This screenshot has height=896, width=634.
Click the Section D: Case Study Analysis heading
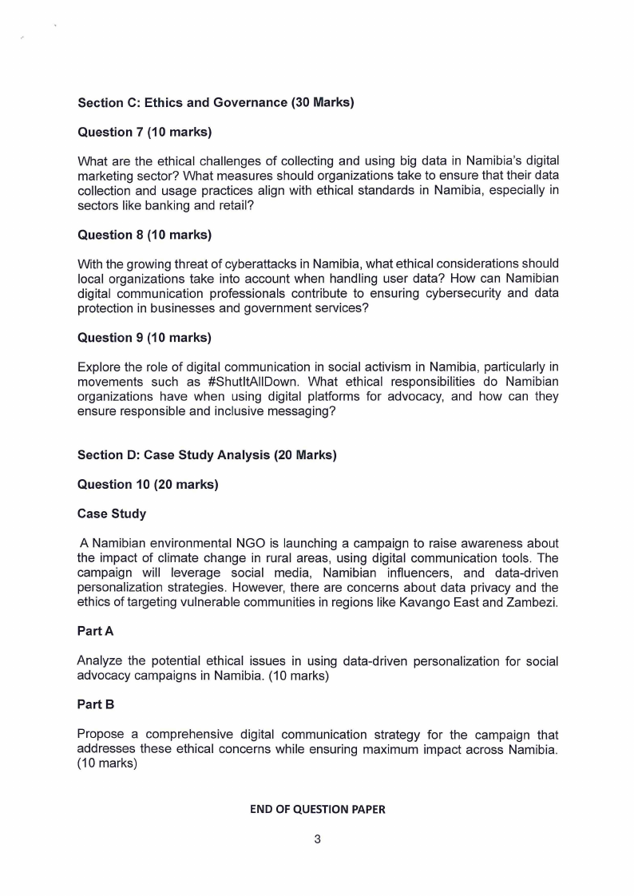[x=207, y=455]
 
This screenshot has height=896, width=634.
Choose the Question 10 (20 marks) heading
[x=148, y=485]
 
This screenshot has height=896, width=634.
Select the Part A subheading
[x=95, y=632]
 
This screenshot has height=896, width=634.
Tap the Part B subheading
[x=95, y=705]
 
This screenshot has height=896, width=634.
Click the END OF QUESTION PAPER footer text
[x=317, y=809]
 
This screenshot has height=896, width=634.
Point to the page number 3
[x=317, y=839]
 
